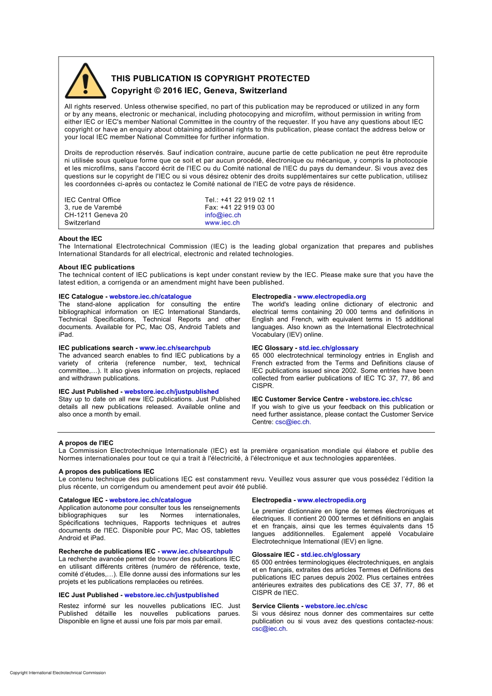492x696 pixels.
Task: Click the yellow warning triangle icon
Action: pyautogui.click(x=85, y=82)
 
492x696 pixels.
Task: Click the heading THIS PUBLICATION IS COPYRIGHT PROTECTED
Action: pyautogui.click(x=210, y=79)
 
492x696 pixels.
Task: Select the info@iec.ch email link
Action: pyautogui.click(x=223, y=215)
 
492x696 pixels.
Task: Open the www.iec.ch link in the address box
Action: pyautogui.click(x=222, y=223)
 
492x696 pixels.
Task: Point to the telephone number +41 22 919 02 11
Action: pyautogui.click(x=248, y=200)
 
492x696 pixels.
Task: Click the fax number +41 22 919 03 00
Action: pyautogui.click(x=248, y=208)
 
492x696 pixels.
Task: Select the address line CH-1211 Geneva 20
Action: pyautogui.click(x=96, y=215)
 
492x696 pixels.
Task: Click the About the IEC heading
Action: pyautogui.click(x=80, y=239)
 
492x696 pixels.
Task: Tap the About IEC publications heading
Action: pyautogui.click(x=96, y=267)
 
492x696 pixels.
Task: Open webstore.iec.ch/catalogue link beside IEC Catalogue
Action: pyautogui.click(x=150, y=297)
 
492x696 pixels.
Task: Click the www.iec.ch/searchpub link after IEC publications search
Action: pyautogui.click(x=175, y=348)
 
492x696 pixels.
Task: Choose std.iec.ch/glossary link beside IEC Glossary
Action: pyautogui.click(x=328, y=348)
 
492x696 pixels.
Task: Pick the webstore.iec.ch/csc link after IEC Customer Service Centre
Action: pyautogui.click(x=381, y=399)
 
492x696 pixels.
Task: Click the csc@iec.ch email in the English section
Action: pyautogui.click(x=293, y=422)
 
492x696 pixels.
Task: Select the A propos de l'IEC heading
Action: pyautogui.click(x=86, y=443)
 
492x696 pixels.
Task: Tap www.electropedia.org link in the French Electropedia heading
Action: pyautogui.click(x=331, y=500)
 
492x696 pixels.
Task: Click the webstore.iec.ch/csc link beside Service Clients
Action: pyautogui.click(x=336, y=606)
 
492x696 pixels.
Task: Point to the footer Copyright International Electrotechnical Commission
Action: pyautogui.click(x=57, y=673)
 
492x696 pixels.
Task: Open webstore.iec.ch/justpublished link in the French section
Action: pyautogui.click(x=171, y=595)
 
